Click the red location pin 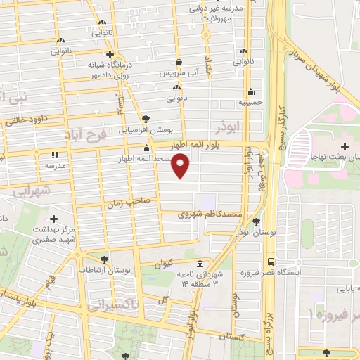pos(181,166)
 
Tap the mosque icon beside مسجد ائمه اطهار pos(146,148)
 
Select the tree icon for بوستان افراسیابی pos(146,119)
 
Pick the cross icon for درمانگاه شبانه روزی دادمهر pos(110,54)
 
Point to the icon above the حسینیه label pos(250,91)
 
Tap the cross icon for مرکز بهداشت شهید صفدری pos(55,219)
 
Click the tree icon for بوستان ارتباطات pos(105,259)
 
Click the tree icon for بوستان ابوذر pos(264,220)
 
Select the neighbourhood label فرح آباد pos(88,134)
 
